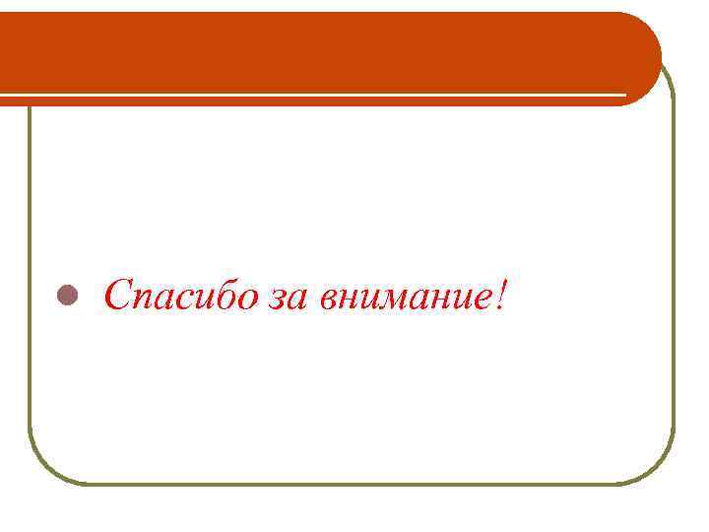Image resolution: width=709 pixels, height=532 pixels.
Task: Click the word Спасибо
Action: coord(181,295)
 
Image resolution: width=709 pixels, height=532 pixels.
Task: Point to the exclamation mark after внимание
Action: coord(503,294)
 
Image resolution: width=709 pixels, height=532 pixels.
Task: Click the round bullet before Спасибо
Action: coord(66,295)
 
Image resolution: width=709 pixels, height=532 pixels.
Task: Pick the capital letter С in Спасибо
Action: coord(118,294)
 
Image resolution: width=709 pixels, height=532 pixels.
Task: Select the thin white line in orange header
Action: coord(315,95)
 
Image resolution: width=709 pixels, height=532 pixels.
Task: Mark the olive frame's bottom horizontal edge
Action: coord(354,484)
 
